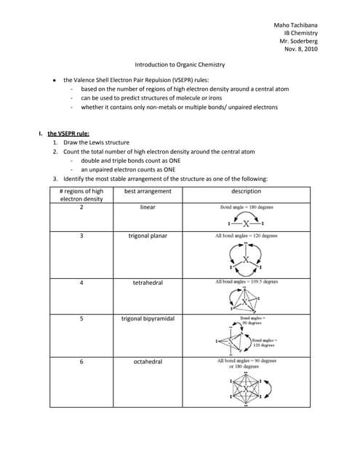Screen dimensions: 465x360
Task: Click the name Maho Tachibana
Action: (293, 25)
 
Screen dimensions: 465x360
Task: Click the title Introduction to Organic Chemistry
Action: (180, 65)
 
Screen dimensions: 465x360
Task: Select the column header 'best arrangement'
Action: (148, 191)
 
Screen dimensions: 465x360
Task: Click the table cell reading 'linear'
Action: (148, 207)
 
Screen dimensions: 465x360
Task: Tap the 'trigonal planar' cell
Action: (148, 235)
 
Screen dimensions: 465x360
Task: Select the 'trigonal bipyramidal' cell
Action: (148, 319)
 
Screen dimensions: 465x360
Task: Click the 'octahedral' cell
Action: (148, 361)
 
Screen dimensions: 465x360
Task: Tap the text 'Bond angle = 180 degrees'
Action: (247, 207)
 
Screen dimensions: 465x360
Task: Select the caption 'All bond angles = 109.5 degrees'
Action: (247, 281)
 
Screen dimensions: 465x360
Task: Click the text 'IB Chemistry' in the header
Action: (300, 33)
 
